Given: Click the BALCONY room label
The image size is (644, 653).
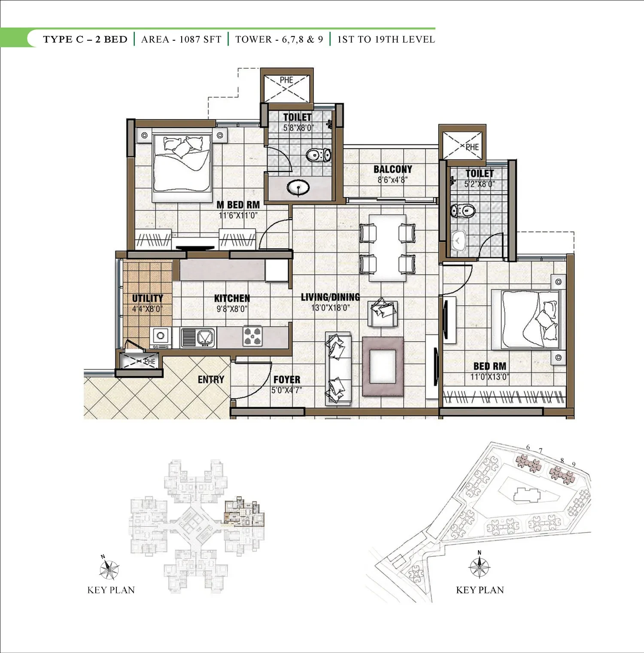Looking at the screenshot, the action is click(x=392, y=169).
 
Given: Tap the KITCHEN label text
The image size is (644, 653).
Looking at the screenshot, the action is click(x=232, y=298).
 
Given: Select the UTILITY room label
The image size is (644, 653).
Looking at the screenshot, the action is click(x=147, y=298).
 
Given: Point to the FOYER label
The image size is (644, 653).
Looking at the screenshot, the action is click(x=287, y=380).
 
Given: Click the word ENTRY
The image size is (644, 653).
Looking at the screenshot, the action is click(x=211, y=379).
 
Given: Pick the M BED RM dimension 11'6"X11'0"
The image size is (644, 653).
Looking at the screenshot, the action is click(x=238, y=215).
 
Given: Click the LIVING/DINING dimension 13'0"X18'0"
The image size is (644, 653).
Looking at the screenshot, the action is click(x=331, y=308).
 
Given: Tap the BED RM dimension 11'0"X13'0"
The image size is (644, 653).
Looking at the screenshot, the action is click(x=489, y=377).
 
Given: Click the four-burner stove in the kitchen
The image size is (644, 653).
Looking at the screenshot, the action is click(x=252, y=336).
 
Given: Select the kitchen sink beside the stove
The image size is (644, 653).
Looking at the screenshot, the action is click(x=197, y=337).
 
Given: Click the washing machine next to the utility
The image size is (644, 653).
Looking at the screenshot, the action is click(x=160, y=338).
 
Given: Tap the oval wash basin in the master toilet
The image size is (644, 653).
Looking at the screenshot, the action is click(x=298, y=188).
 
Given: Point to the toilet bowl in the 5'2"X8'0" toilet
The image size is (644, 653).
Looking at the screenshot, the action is click(x=462, y=211).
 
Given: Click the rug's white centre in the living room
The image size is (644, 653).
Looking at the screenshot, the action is click(x=383, y=366).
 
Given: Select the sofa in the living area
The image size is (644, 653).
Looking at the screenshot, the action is click(x=338, y=369).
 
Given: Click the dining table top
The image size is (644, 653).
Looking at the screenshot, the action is click(x=387, y=248).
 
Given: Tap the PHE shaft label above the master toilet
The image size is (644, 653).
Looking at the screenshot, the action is click(x=286, y=80).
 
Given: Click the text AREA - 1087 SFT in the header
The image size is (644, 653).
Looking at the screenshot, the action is click(x=181, y=40).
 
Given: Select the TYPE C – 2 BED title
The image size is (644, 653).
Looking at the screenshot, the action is click(x=85, y=40).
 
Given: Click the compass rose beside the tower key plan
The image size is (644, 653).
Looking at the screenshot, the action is click(x=109, y=569).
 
